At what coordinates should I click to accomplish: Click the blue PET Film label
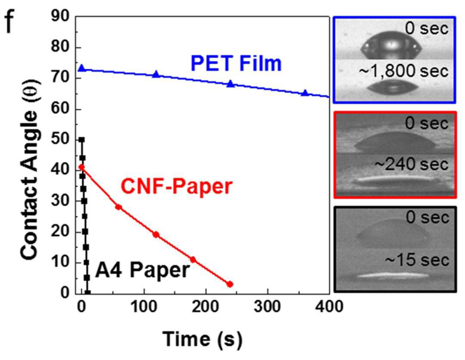[236, 63]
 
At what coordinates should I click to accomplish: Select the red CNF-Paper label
[177, 187]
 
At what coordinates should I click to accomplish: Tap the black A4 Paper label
[142, 270]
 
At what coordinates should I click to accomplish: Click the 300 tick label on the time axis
[267, 306]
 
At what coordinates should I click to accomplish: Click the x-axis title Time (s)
[202, 339]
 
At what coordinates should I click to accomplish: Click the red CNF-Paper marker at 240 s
[230, 284]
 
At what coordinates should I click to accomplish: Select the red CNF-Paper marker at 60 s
[119, 207]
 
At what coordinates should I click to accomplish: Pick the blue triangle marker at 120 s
[156, 74]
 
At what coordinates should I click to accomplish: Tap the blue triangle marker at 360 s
[305, 93]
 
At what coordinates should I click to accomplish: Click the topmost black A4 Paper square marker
[82, 140]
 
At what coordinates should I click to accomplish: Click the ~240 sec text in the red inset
[411, 165]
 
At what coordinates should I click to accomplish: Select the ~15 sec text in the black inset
[417, 260]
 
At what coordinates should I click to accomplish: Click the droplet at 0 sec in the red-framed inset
[395, 142]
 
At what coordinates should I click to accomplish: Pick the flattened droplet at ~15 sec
[393, 275]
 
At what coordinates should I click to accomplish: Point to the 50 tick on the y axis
[60, 139]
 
